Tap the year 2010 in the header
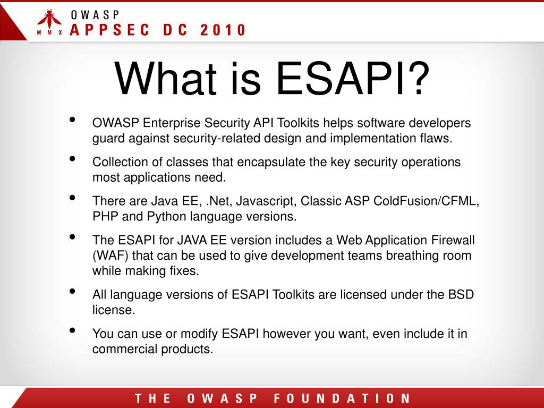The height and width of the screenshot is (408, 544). [x=223, y=30]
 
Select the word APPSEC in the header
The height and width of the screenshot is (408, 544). [x=109, y=30]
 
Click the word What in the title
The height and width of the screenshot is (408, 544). [x=166, y=79]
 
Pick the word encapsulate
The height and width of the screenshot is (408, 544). [x=271, y=163]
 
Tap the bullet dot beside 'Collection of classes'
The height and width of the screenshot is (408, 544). [x=72, y=159]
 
